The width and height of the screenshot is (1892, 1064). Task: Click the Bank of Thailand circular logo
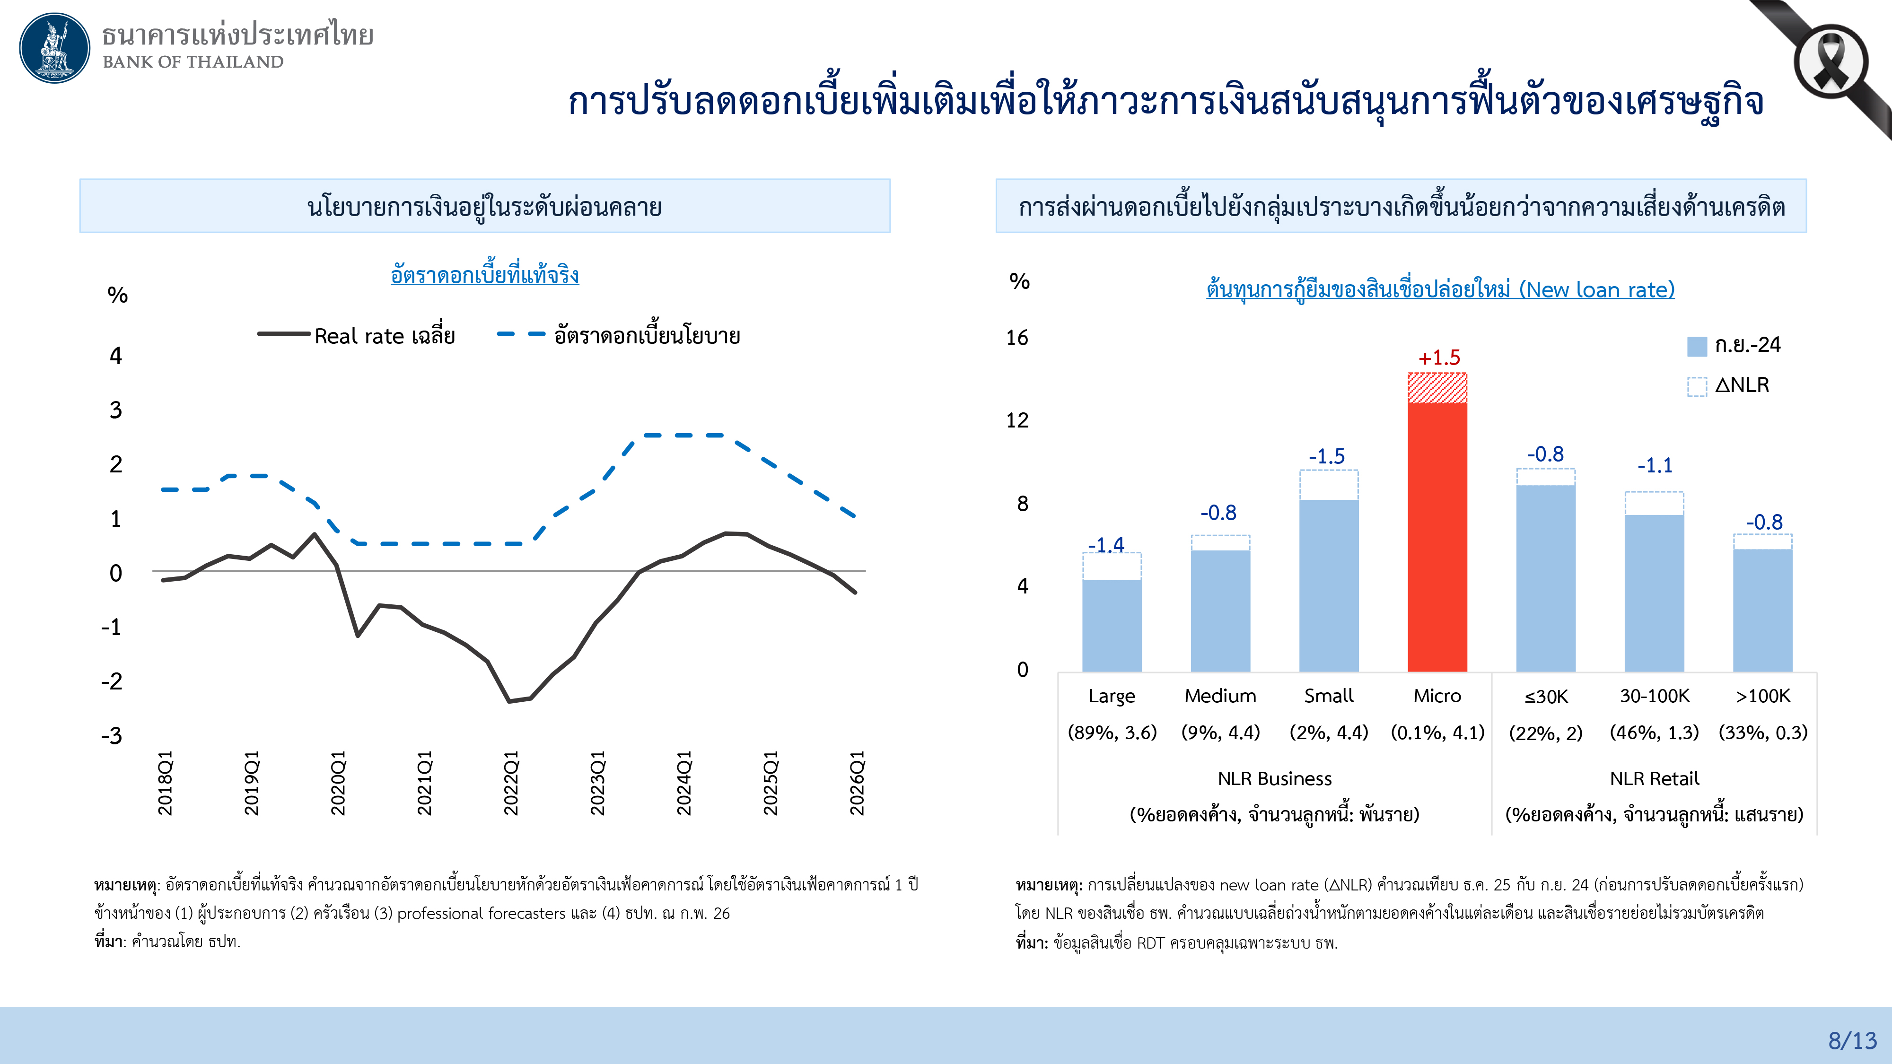click(54, 48)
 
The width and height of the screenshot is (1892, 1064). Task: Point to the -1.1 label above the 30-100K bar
click(1654, 465)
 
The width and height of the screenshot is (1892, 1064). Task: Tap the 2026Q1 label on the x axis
click(857, 782)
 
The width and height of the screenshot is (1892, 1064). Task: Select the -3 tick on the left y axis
click(112, 736)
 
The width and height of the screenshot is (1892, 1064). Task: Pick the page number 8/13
click(1852, 1040)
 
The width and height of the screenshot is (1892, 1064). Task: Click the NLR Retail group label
click(1654, 778)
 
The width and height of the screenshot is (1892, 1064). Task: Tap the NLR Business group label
click(1274, 778)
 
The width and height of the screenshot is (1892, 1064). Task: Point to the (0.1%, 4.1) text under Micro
click(1437, 732)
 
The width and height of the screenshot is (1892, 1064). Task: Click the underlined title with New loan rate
click(1439, 289)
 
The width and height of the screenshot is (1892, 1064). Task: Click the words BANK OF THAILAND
click(193, 61)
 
